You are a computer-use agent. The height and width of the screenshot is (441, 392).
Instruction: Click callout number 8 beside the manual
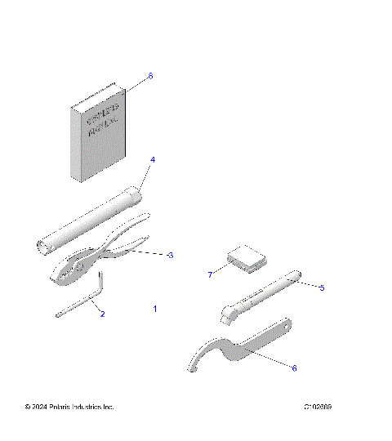coord(150,76)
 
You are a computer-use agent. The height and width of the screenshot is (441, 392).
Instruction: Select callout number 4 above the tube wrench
coord(152,159)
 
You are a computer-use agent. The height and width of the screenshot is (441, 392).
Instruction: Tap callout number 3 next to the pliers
coord(170,256)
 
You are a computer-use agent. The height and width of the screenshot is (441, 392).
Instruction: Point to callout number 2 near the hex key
coord(102,313)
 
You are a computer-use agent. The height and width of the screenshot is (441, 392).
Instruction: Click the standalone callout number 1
coord(155,310)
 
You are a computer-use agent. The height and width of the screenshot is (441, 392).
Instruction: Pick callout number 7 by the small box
coord(209,275)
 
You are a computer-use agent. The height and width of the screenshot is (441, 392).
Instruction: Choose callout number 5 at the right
coord(322,287)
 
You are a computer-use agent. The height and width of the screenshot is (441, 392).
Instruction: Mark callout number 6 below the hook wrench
coord(294,368)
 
